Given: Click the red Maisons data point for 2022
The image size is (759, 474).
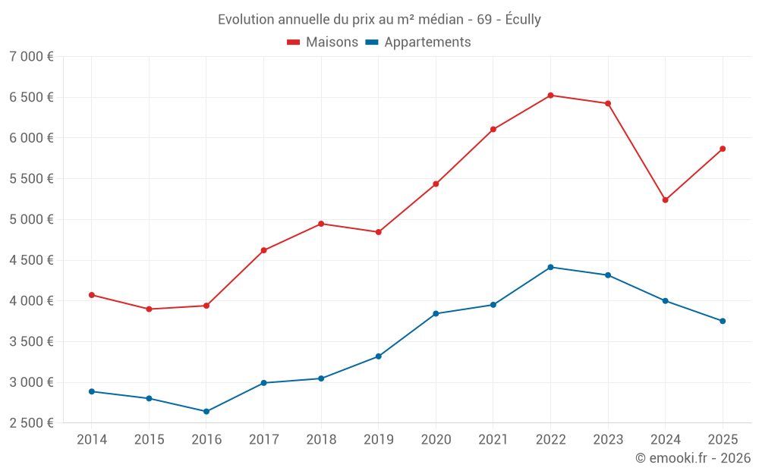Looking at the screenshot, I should (x=550, y=96).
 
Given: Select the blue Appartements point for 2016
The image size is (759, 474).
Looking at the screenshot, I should (x=206, y=412).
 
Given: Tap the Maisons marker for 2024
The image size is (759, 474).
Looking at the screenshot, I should (x=665, y=200).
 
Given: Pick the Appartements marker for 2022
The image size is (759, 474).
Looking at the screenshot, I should (x=550, y=267).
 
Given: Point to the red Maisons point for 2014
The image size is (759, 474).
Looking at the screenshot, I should (x=92, y=295).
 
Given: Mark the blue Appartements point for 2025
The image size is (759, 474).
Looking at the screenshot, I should (x=723, y=321).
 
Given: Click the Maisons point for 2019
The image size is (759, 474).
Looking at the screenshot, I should (x=378, y=232).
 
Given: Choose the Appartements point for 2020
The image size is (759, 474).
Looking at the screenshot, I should (x=436, y=313).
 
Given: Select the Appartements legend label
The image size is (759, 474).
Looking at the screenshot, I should (x=427, y=42).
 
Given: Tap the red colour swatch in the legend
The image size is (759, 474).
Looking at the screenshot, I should (x=294, y=42).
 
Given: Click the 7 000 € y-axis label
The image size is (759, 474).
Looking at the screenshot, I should (x=31, y=57).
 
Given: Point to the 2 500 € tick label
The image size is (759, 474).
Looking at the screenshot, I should (x=31, y=423).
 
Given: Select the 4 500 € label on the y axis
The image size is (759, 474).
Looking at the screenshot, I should (x=31, y=260).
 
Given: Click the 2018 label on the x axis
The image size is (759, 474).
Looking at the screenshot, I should (x=321, y=440).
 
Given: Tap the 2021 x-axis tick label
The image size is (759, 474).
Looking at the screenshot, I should (x=493, y=440).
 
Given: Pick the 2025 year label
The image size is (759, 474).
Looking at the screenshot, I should (x=723, y=440).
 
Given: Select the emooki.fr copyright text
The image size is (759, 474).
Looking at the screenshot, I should (x=693, y=458).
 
